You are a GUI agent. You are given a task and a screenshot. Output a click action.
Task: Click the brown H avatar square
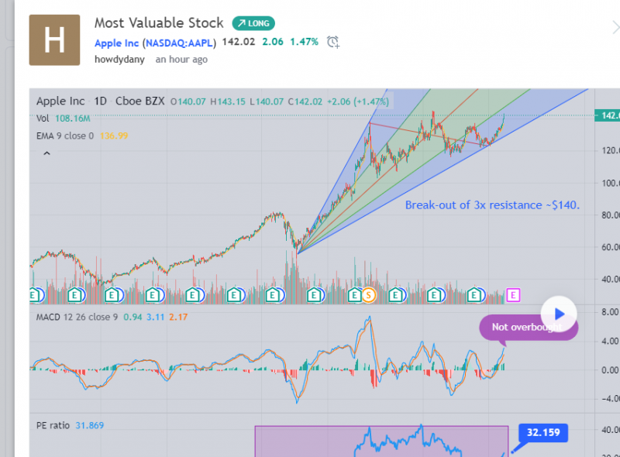(53, 40)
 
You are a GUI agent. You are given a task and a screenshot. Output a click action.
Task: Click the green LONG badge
(253, 23)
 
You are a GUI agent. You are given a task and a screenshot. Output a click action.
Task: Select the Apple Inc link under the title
(116, 43)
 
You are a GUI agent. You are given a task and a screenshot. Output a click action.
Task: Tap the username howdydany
(119, 60)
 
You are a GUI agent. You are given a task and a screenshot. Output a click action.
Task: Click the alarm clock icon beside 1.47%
(332, 42)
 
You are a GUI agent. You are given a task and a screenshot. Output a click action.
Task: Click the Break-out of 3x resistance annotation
(492, 205)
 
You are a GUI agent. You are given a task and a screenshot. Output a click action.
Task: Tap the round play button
(560, 314)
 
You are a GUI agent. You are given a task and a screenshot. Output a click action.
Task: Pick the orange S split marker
(369, 294)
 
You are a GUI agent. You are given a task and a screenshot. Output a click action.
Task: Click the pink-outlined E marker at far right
(512, 294)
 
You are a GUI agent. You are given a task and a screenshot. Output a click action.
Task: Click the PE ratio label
(53, 425)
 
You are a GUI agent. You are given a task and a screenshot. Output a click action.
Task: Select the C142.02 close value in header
(306, 101)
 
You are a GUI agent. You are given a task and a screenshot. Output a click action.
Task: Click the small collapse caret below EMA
(46, 154)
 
